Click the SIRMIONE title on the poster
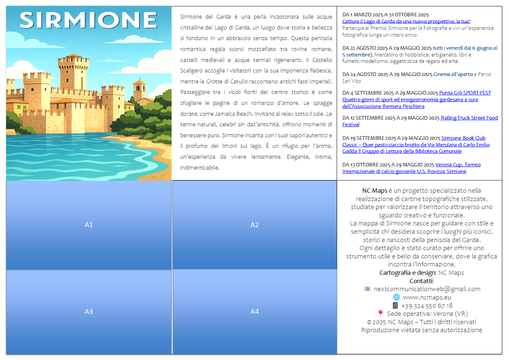(x=88, y=20)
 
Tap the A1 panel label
(x=89, y=225)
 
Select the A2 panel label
(x=255, y=225)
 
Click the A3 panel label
(x=89, y=311)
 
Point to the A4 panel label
(x=255, y=311)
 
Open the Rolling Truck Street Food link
(x=469, y=118)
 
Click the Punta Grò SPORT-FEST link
(x=465, y=93)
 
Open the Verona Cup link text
(x=458, y=165)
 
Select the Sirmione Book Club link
(x=463, y=138)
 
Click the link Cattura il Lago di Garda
(x=406, y=22)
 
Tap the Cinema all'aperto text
(x=453, y=74)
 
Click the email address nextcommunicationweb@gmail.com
(x=427, y=289)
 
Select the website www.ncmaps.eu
(x=427, y=297)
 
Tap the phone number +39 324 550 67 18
(x=427, y=306)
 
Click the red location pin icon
(x=380, y=313)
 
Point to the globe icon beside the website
(x=396, y=297)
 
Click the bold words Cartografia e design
(x=407, y=273)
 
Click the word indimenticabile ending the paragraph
(x=199, y=168)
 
